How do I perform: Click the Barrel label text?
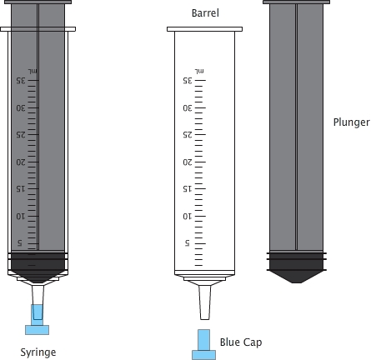pos(204,14)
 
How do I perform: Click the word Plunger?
pos(351,122)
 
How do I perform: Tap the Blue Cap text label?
pos(240,342)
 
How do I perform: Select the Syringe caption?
pos(38,352)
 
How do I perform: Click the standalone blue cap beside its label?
pos(203,344)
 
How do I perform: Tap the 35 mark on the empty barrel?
pos(188,81)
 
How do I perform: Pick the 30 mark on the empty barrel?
pos(188,107)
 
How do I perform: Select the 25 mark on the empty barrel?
pos(188,134)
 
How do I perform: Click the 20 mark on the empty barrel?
pos(188,162)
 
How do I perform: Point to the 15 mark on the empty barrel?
pos(188,188)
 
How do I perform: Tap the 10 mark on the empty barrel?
pos(188,216)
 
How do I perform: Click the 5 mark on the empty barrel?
pos(187,242)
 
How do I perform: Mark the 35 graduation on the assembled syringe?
pos(20,81)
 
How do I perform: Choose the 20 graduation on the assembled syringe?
pos(20,162)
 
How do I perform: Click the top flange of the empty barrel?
pos(204,30)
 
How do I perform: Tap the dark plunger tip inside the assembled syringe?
pos(38,268)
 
